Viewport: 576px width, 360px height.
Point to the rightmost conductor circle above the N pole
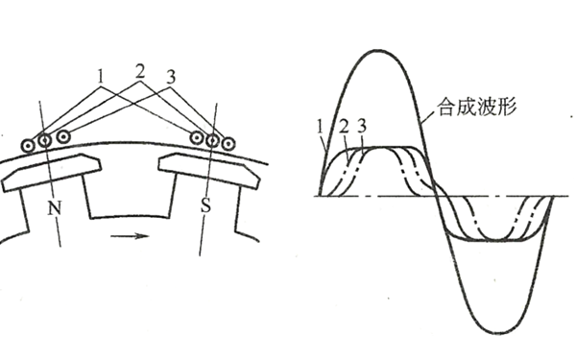[62, 137]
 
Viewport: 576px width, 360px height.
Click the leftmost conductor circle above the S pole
[197, 137]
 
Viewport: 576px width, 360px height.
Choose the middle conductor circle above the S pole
[212, 140]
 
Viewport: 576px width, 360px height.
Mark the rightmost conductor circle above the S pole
[228, 144]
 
